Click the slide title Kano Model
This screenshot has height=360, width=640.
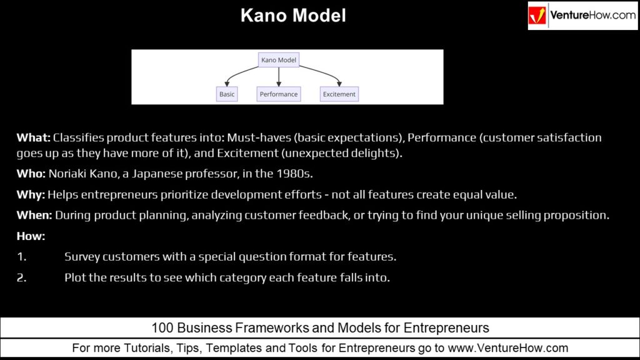coord(293,16)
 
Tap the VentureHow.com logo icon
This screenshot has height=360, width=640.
coord(537,16)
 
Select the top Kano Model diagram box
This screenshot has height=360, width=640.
coord(279,60)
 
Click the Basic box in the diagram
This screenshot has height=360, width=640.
coord(227,94)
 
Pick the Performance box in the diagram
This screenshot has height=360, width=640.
coord(279,94)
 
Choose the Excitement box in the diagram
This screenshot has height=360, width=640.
coord(339,94)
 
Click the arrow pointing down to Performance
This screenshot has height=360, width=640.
coord(279,77)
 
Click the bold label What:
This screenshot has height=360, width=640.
coord(34,137)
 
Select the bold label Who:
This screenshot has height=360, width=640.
coord(31,174)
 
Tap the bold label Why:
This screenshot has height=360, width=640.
coord(31,195)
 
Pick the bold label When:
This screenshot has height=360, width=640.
coord(34,215)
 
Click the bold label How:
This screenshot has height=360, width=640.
coord(31,236)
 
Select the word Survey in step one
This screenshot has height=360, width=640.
coord(82,257)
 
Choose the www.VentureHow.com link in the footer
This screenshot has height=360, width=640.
coord(507,348)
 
